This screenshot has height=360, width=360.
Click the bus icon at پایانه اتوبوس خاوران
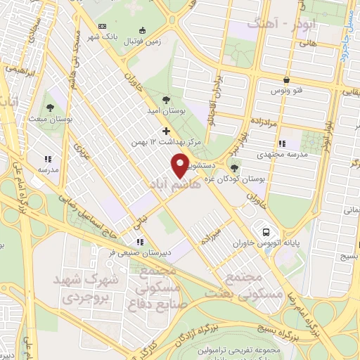(x=266, y=231)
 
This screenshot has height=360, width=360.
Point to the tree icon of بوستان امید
(x=165, y=101)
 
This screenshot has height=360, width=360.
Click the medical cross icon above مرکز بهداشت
(x=166, y=130)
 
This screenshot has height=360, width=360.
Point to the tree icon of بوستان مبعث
(x=52, y=106)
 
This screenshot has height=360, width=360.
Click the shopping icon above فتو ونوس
(x=285, y=79)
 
